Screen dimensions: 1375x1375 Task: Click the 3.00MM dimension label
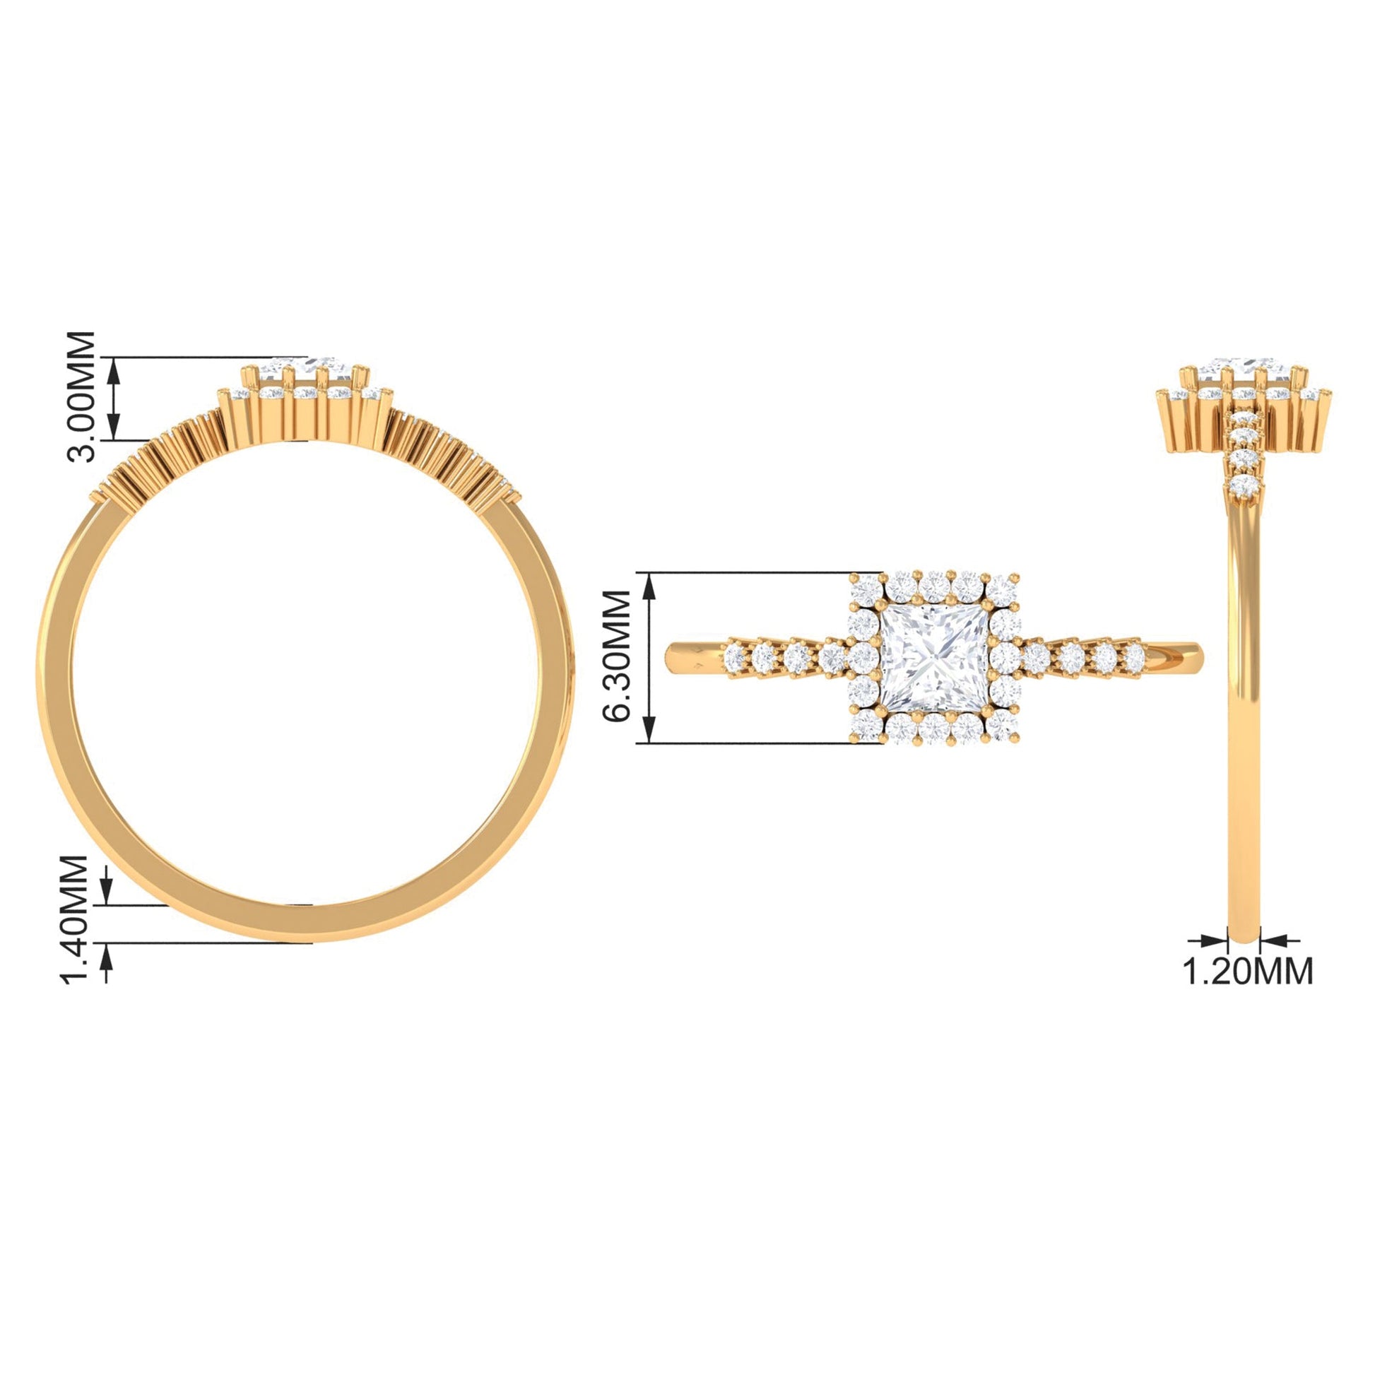tap(80, 397)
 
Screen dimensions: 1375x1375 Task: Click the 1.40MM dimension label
tap(75, 919)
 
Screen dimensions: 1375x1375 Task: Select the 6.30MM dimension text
tap(616, 656)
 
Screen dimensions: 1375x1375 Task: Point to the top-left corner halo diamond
tap(866, 589)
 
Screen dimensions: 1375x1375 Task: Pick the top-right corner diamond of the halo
tap(1002, 589)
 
